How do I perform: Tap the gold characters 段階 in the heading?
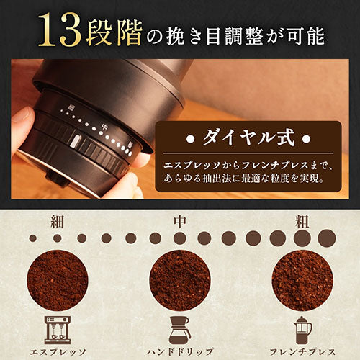tap(114, 32)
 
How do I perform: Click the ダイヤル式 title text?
tap(248, 138)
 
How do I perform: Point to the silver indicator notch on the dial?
tap(76, 140)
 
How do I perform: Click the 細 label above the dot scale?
tap(58, 221)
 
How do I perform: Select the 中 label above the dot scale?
tap(179, 221)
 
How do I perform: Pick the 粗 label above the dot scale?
tap(302, 221)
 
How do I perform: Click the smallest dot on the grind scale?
tap(33, 238)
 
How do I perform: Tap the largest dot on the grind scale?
tap(327, 238)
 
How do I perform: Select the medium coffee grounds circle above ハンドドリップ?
tap(180, 280)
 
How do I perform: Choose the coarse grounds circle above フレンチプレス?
tap(302, 280)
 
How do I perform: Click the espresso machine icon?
tap(58, 330)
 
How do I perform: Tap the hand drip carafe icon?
tap(179, 330)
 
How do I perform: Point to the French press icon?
tap(302, 330)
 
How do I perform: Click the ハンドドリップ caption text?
tap(180, 352)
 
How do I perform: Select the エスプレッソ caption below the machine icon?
tap(58, 352)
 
